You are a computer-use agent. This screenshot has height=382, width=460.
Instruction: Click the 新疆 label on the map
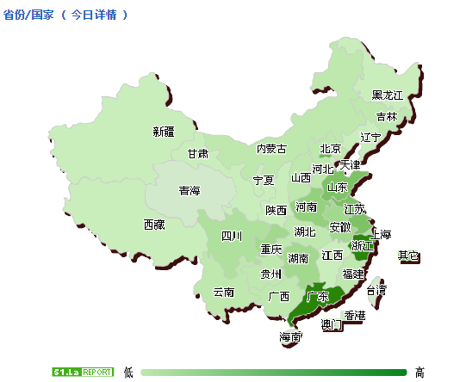click(x=164, y=132)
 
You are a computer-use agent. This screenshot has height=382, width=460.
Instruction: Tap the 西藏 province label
click(x=153, y=225)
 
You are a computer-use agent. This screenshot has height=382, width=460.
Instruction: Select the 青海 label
click(x=190, y=191)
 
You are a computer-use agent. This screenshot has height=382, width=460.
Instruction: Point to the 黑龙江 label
click(x=388, y=95)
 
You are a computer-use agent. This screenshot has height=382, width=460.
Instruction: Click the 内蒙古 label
click(x=271, y=149)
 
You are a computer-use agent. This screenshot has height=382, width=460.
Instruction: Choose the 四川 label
click(x=232, y=237)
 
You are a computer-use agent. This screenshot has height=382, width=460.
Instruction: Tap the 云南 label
click(x=224, y=293)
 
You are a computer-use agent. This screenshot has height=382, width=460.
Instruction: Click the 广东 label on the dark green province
click(x=318, y=298)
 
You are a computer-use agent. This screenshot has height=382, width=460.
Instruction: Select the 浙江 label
click(x=363, y=246)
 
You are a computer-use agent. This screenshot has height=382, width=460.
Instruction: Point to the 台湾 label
click(x=376, y=290)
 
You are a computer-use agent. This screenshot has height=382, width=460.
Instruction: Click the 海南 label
click(x=290, y=337)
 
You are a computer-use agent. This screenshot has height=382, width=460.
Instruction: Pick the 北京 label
click(x=331, y=149)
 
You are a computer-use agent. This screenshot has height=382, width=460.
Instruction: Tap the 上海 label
click(x=380, y=235)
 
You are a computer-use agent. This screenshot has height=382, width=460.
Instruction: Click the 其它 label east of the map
click(x=408, y=256)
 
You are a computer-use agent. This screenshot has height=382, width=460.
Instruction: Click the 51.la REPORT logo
click(x=82, y=372)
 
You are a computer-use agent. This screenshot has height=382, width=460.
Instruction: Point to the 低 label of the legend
click(x=128, y=372)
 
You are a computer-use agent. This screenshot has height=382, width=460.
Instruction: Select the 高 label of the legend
click(x=420, y=372)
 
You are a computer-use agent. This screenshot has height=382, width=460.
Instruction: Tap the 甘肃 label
click(x=198, y=154)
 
